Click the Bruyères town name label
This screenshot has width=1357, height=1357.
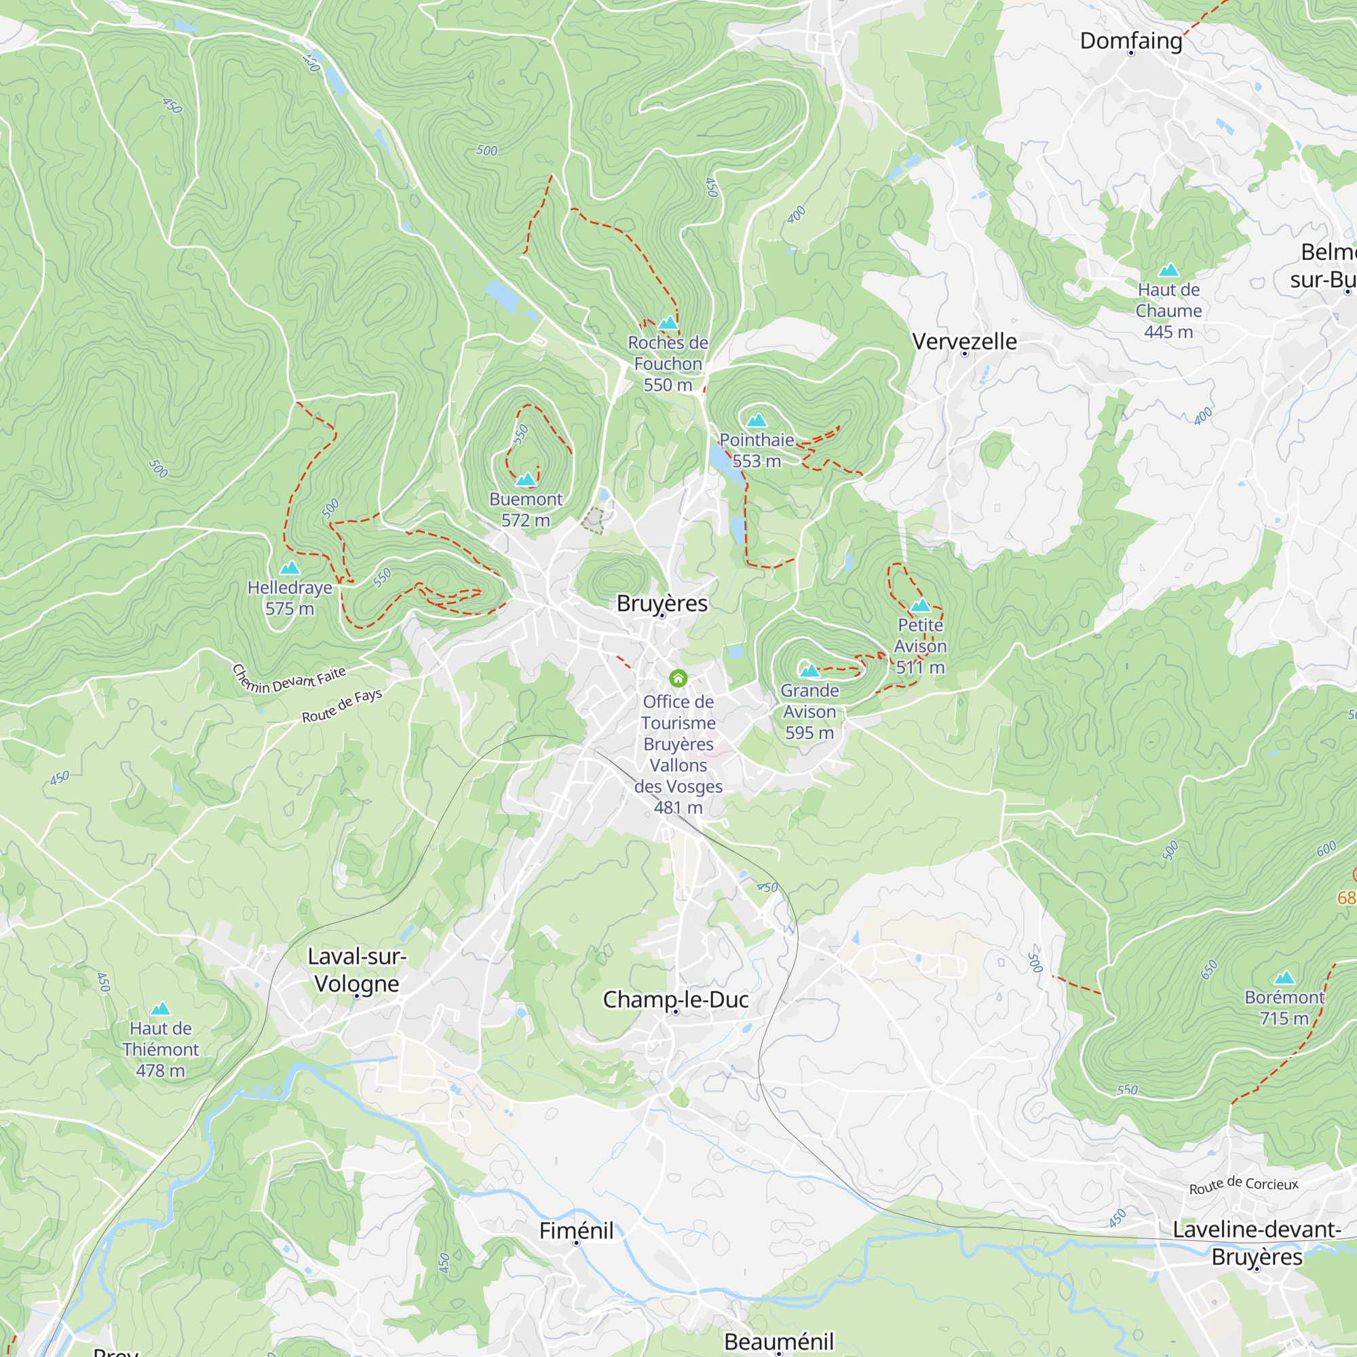(662, 603)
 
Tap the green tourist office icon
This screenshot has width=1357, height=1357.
(678, 678)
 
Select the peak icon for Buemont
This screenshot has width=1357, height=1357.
(525, 480)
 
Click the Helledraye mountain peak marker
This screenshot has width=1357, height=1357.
(290, 567)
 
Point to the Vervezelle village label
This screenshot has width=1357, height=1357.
(963, 341)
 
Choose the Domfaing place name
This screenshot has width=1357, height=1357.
(1130, 41)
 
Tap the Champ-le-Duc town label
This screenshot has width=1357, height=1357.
(675, 999)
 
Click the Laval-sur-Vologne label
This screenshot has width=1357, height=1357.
(357, 970)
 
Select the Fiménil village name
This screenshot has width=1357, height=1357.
(576, 1230)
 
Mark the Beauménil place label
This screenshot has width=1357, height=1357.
(778, 1341)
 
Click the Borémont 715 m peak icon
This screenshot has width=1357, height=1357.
(1284, 978)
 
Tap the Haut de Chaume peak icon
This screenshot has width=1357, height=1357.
(1168, 271)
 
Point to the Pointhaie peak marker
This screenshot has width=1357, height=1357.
(757, 421)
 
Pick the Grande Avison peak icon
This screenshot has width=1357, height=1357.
(809, 671)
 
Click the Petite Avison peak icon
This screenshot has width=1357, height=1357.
(920, 605)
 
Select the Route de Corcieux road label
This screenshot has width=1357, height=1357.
(1243, 1185)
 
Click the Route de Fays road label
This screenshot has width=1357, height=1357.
(342, 705)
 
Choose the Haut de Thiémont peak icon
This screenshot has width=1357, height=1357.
(160, 1009)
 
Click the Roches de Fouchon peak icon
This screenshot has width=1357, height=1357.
(667, 323)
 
